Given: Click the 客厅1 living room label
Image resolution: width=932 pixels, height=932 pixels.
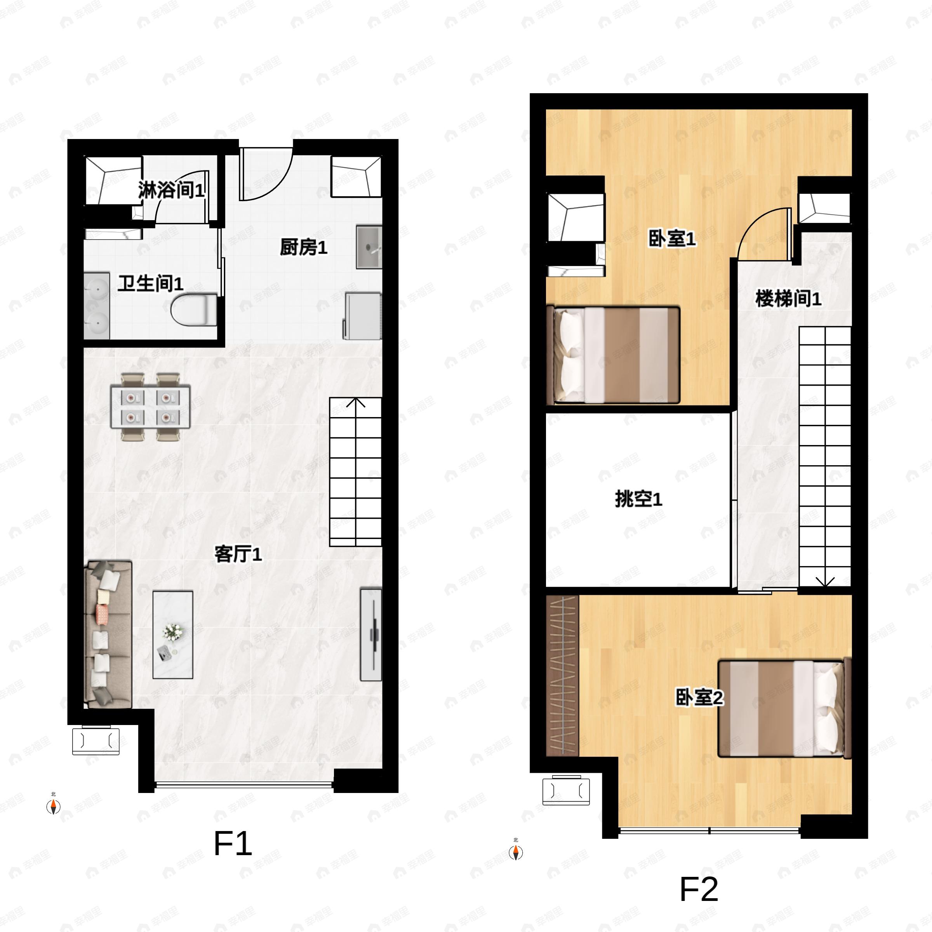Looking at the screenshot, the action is (x=238, y=554).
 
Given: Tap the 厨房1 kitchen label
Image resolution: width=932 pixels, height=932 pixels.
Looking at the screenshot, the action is (x=303, y=247).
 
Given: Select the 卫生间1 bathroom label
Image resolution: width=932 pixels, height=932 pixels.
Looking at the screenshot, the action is (x=151, y=283).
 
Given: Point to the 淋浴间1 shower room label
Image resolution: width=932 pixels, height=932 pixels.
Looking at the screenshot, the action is (x=171, y=190).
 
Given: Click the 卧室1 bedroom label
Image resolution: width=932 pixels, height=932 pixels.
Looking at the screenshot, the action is (x=672, y=238).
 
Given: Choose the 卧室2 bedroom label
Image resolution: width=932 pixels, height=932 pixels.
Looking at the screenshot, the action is (x=699, y=697).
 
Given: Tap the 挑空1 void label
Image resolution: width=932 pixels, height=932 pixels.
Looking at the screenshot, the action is (x=639, y=499).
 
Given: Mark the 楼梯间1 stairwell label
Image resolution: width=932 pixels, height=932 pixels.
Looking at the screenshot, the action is (x=788, y=299).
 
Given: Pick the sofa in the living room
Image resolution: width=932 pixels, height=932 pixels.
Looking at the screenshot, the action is (x=108, y=634).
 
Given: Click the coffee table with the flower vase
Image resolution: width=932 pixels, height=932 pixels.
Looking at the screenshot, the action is (x=173, y=635).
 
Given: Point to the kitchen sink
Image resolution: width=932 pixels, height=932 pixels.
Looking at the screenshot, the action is (x=369, y=247).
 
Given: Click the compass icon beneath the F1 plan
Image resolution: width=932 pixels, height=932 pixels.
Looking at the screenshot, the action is (x=53, y=806).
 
